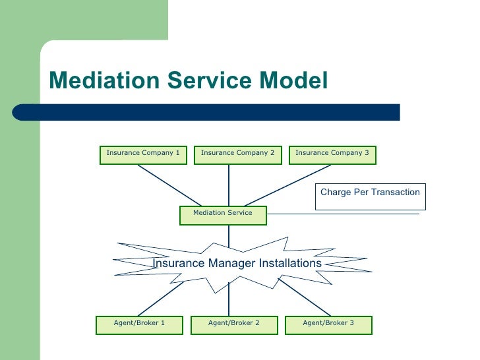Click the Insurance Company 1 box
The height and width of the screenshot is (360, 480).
(143, 155)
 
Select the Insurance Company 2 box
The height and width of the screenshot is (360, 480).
(238, 155)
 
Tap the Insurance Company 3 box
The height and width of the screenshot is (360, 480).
(332, 155)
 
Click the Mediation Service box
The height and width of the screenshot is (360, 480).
(223, 216)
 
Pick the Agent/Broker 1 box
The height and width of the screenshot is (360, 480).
(139, 325)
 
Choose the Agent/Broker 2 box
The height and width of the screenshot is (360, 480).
(234, 325)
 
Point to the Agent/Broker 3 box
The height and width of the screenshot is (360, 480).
(328, 325)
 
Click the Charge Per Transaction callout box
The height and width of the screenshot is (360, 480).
(371, 197)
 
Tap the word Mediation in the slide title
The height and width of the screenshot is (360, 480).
(104, 80)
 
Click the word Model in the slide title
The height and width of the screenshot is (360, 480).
(293, 80)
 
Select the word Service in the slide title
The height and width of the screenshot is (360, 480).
(210, 80)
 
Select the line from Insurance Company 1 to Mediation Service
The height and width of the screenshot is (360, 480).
(169, 185)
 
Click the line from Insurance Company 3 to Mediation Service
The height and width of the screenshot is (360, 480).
(287, 185)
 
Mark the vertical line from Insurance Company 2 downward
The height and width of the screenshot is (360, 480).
(229, 185)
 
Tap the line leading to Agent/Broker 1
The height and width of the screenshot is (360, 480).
(160, 299)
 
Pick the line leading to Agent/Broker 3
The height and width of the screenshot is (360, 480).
(305, 297)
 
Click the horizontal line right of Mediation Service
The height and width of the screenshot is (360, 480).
(343, 214)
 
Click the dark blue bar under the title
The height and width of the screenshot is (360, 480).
(206, 112)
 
